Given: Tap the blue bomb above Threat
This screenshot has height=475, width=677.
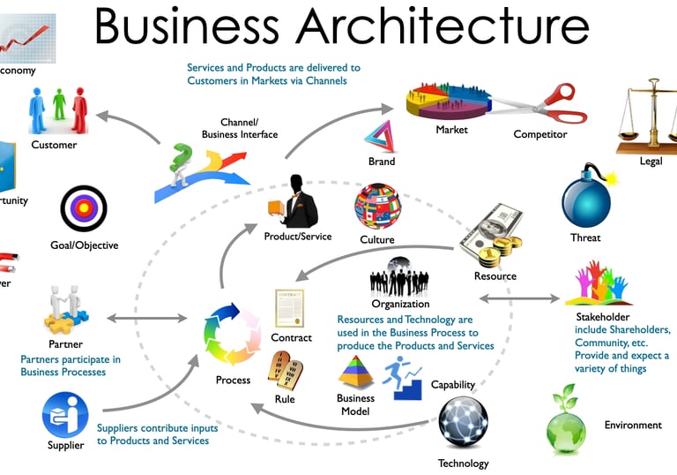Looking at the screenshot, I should pyautogui.click(x=585, y=200).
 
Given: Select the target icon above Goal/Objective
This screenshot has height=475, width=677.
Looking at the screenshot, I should pyautogui.click(x=84, y=209).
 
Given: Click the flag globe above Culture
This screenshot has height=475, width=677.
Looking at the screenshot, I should pyautogui.click(x=377, y=207).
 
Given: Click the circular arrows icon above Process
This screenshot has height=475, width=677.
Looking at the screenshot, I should pyautogui.click(x=233, y=335).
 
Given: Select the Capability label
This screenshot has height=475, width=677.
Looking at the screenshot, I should pyautogui.click(x=453, y=385).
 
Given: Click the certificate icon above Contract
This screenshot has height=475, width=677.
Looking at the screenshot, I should pyautogui.click(x=290, y=308).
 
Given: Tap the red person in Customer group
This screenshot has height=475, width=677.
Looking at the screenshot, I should pyautogui.click(x=79, y=111).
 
